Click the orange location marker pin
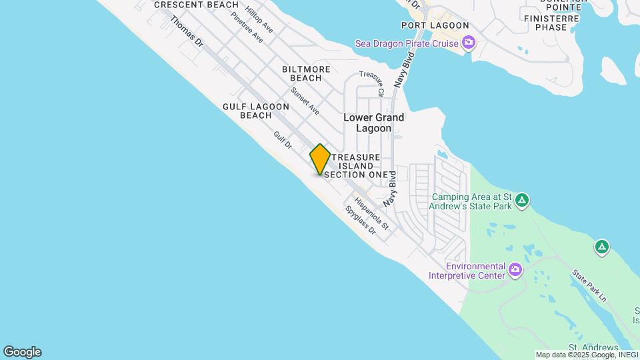coord(320,159)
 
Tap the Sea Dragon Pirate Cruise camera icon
coord(469,44)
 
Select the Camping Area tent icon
coord(522,199)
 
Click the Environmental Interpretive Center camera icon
coord(515,269)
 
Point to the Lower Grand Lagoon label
coord(373,123)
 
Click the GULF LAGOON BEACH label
coord(256,111)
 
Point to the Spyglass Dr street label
coord(361,219)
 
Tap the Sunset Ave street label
coord(305,100)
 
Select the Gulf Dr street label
coord(283,140)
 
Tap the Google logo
coord(22,352)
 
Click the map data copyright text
coord(586,355)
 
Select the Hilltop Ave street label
coord(259,19)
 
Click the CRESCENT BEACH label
coord(196,5)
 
